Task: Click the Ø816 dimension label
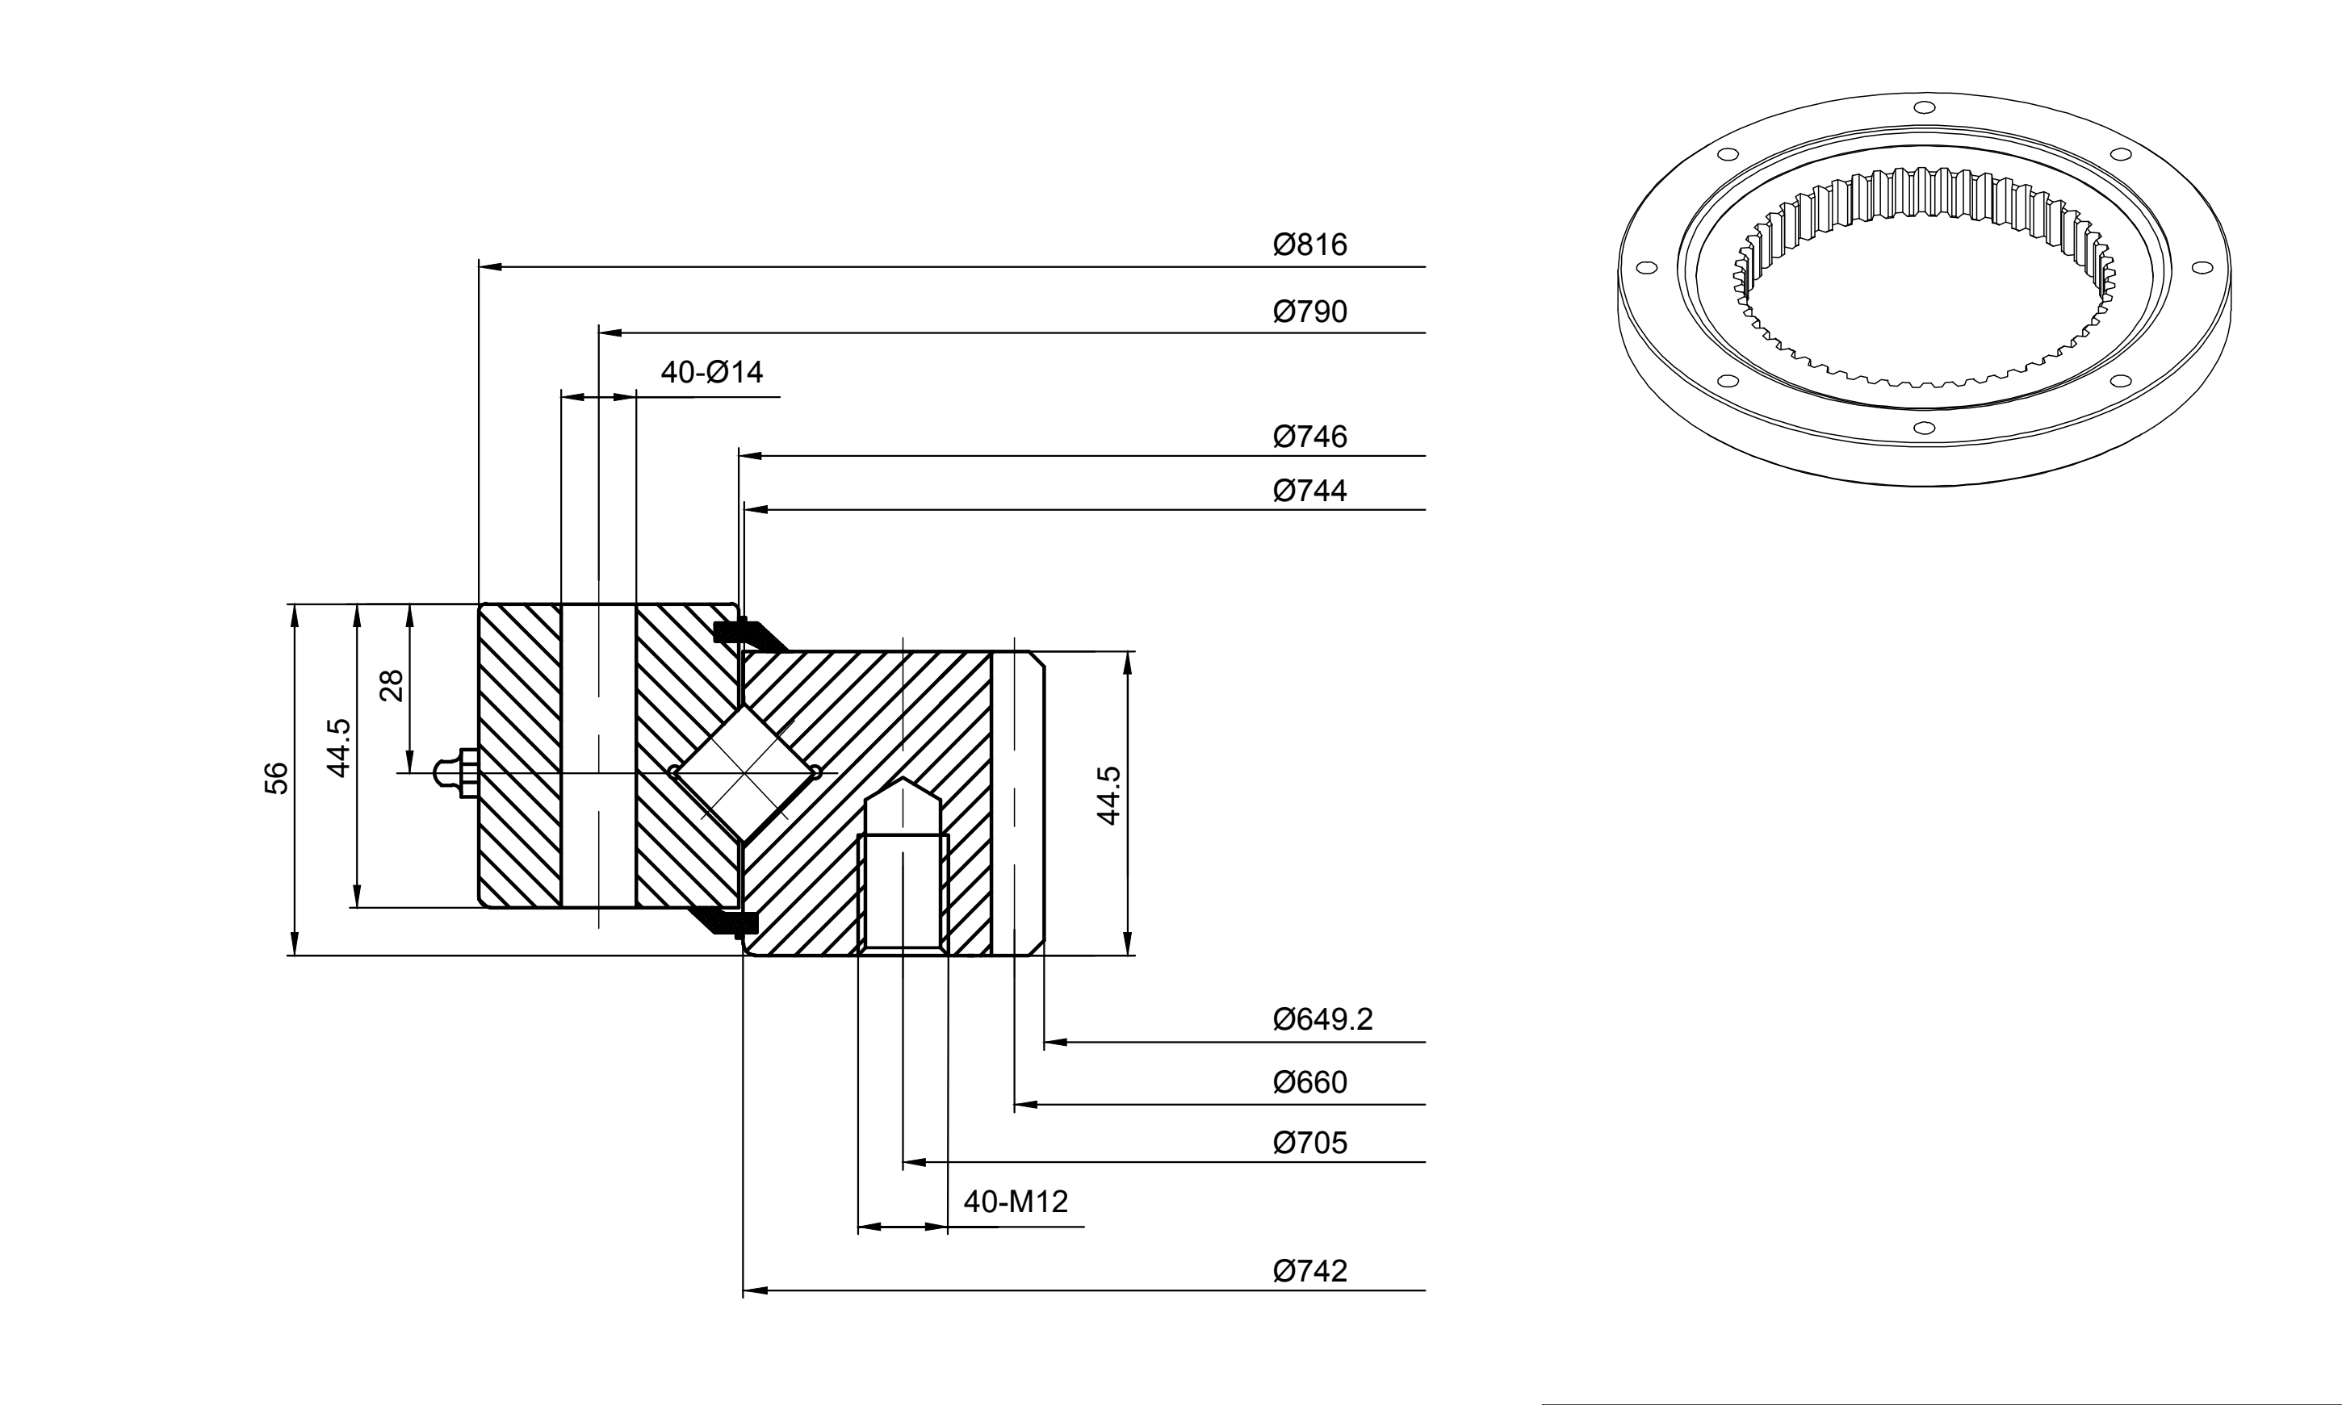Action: pos(1309,245)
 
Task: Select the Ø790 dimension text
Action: pos(1309,312)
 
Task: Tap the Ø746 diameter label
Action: pos(1309,437)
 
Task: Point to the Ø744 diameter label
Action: pos(1309,491)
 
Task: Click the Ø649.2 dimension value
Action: pos(1323,1018)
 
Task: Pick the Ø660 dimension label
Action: pos(1309,1082)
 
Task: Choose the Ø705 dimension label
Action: pos(1309,1143)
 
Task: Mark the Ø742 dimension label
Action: pos(1309,1270)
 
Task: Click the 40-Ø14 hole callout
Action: pos(712,372)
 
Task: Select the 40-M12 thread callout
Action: pos(1016,1202)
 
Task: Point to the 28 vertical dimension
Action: pos(391,685)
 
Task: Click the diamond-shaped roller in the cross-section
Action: pos(744,772)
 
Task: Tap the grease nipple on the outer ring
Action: pos(455,772)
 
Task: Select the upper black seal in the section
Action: pos(748,634)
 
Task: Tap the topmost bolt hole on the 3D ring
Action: pos(1924,108)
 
